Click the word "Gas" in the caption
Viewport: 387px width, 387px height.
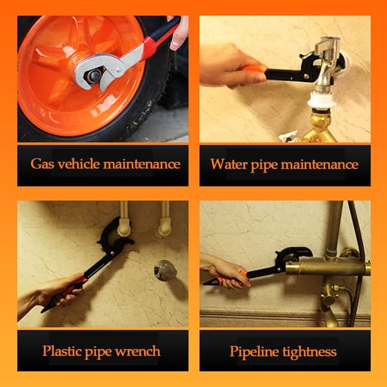coord(42,164)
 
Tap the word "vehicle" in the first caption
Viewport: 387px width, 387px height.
coord(79,164)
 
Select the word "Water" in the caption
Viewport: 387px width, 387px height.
coord(228,164)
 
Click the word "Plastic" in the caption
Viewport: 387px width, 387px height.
coord(61,351)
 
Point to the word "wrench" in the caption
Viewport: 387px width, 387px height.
coord(138,352)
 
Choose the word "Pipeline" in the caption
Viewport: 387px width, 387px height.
coord(254,352)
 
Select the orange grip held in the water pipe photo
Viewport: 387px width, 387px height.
coord(254,69)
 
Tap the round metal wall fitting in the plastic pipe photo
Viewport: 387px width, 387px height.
coord(165,270)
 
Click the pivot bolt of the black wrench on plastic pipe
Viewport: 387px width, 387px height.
coord(112,252)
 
